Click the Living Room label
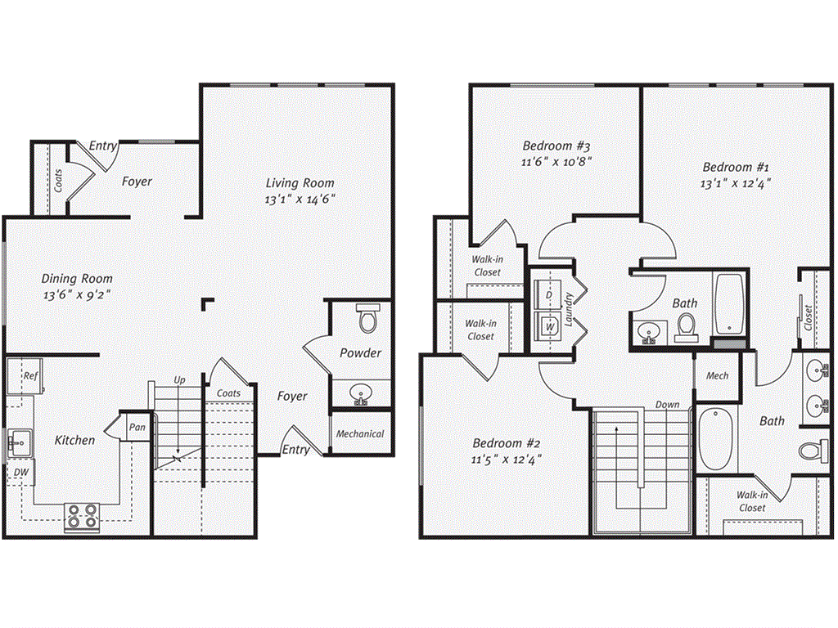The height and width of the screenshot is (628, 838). [300, 183]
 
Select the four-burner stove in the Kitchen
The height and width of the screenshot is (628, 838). [81, 516]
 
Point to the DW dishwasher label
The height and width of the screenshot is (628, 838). [20, 472]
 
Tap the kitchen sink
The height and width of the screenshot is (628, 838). [18, 444]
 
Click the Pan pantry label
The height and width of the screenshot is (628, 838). [135, 426]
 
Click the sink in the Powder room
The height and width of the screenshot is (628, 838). [360, 396]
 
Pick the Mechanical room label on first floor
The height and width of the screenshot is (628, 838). [359, 433]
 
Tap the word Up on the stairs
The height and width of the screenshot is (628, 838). [179, 380]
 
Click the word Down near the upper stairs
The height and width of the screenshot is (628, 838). [667, 405]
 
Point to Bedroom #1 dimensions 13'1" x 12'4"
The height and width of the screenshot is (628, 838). [736, 183]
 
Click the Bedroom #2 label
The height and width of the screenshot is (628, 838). [506, 443]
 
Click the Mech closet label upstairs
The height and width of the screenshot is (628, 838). [717, 376]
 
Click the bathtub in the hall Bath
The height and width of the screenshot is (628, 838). [728, 304]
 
